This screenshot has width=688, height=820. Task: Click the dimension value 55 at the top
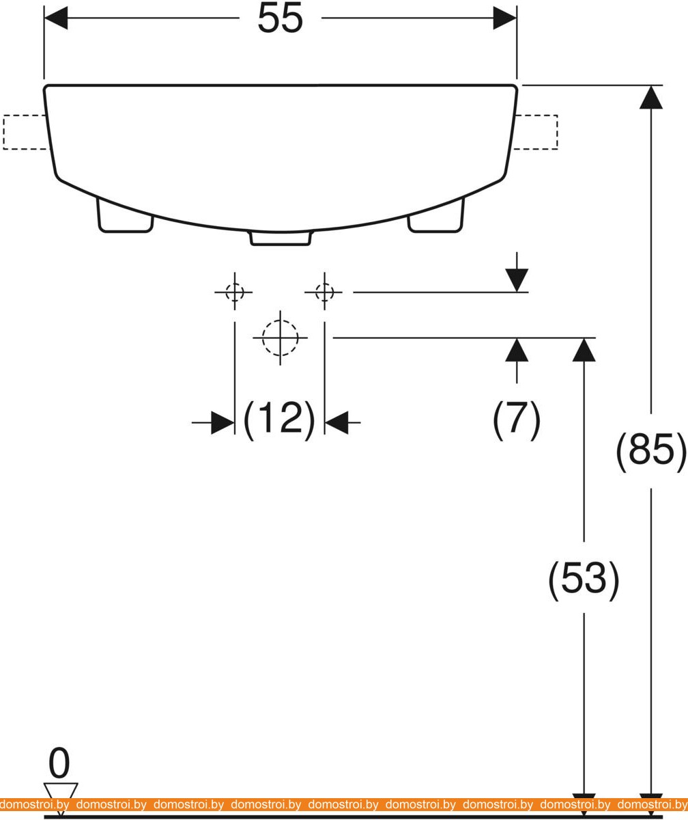tap(280, 19)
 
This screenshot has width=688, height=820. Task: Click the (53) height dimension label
tap(584, 578)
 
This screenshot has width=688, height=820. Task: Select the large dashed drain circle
tap(281, 338)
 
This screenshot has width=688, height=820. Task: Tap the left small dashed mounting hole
tap(235, 292)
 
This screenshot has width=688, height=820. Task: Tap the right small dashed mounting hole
tap(324, 292)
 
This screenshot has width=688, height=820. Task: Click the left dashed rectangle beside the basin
tap(26, 132)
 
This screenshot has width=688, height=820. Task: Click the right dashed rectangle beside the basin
tap(536, 132)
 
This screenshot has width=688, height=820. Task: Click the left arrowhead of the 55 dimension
tap(56, 18)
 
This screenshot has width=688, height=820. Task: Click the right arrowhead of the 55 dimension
tap(505, 18)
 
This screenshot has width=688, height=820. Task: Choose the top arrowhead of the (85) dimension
tap(651, 97)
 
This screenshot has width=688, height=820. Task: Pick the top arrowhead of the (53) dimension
tap(584, 350)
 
